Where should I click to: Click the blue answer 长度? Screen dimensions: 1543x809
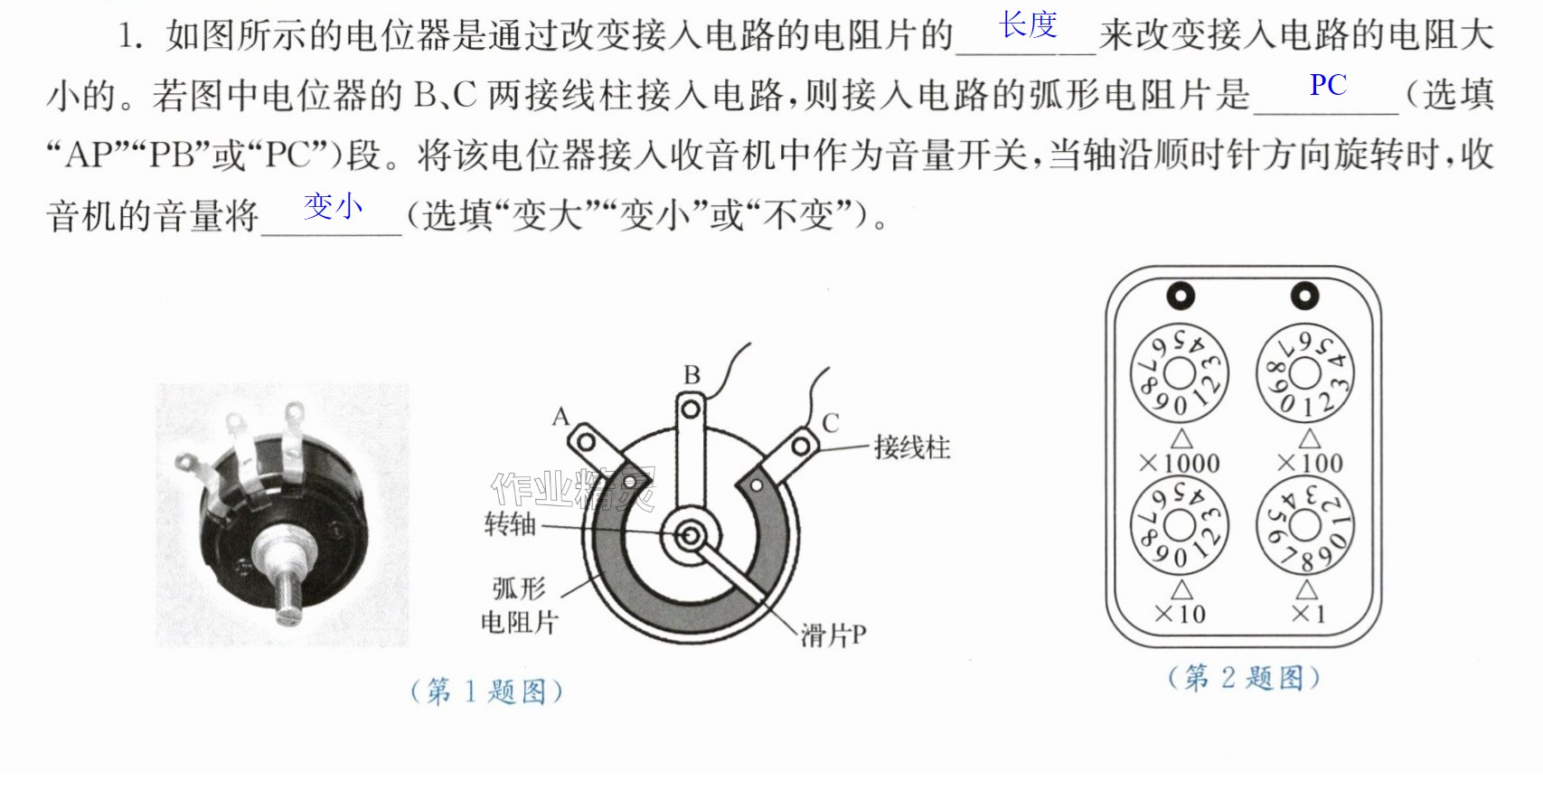[x=1028, y=24]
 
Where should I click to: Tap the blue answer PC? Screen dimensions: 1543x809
[x=1328, y=85]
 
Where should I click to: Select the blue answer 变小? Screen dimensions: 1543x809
[x=334, y=206]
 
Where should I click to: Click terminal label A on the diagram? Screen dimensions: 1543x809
[x=561, y=416]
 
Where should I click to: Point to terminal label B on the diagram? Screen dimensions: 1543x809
[x=692, y=375]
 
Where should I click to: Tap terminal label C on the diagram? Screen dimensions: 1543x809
[x=831, y=423]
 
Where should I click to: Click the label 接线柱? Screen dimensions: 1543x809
[x=912, y=448]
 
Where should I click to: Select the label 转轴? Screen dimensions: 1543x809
[x=510, y=524]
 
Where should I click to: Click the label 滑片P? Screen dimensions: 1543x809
[x=833, y=635]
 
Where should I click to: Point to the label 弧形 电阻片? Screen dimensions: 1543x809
[x=520, y=606]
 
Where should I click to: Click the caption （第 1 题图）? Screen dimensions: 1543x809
[x=486, y=691]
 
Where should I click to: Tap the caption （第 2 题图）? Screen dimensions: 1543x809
[x=1244, y=678]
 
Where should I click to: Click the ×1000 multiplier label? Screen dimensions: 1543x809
[x=1180, y=463]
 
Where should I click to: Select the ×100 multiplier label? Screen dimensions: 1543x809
[x=1310, y=463]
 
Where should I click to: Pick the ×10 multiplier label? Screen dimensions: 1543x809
[x=1180, y=614]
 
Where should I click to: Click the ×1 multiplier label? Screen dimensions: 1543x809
[x=1308, y=614]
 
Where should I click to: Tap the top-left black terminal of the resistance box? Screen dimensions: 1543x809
[x=1181, y=296]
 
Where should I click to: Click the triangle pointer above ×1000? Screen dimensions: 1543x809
[x=1182, y=439]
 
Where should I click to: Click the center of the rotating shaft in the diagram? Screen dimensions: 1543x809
[x=690, y=536]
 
